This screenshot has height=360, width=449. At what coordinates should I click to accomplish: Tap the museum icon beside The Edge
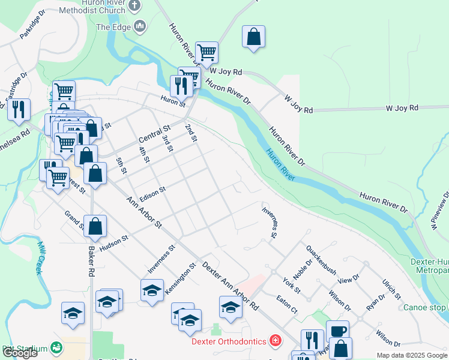point(140,26)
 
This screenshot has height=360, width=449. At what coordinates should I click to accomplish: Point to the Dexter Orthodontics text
point(228,341)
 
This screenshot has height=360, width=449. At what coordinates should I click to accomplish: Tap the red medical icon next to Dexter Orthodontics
point(275,341)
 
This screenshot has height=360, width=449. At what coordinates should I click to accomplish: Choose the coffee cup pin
point(337,331)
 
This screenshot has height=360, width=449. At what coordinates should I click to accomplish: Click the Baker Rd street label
point(91,263)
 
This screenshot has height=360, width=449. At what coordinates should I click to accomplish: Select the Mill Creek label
point(40,258)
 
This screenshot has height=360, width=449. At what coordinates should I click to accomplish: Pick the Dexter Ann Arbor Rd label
point(231,286)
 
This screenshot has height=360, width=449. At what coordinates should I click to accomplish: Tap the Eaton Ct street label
point(286,303)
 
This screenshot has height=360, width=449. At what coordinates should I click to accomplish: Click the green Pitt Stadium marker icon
point(56,347)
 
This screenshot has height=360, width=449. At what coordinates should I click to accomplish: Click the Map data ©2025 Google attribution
point(411,355)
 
